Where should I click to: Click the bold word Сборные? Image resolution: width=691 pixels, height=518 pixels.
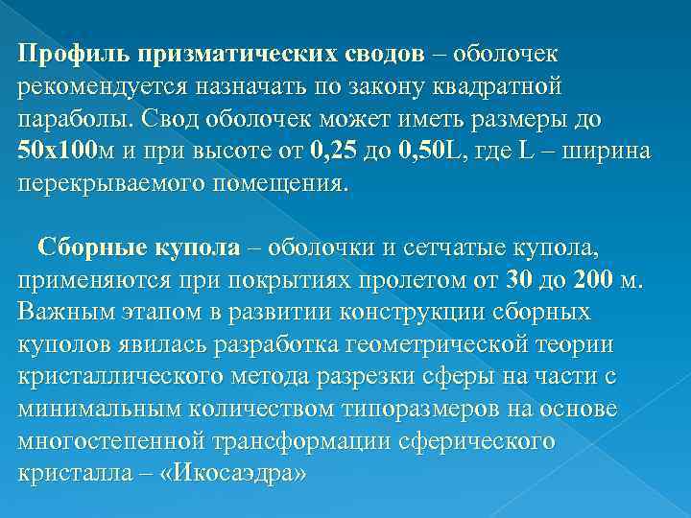pos(92,248)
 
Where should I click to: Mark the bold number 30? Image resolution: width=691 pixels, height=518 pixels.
pos(516,282)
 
